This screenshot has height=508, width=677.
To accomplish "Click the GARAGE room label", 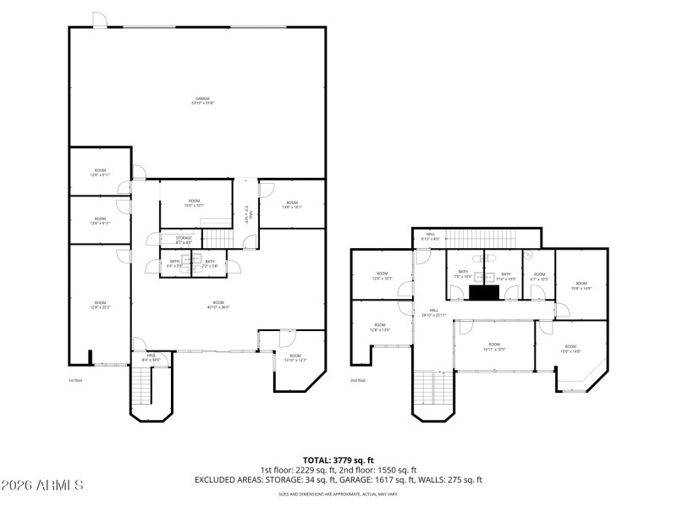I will point(202,101).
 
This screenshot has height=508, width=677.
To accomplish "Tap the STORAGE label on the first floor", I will point(184,240).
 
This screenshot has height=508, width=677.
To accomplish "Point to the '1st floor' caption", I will point(76,380).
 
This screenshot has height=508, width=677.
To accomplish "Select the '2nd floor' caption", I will point(358,380).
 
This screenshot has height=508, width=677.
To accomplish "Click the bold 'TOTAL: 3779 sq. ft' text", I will point(338,460).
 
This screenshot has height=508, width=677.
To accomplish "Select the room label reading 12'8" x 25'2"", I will point(100,305).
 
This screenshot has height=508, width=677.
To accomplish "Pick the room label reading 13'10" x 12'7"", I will point(294,358).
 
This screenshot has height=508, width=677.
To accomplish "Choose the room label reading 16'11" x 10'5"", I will point(494,346).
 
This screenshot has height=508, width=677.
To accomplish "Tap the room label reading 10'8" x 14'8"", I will point(581,286).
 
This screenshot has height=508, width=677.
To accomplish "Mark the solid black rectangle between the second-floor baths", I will point(484,292).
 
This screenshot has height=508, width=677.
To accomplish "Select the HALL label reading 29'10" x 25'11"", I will point(433,312).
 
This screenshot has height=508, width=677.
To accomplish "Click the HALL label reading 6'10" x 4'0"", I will point(431,236).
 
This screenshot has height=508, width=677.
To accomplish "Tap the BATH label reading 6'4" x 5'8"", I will point(174,264).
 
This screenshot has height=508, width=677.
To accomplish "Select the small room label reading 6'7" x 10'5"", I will point(539,277).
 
